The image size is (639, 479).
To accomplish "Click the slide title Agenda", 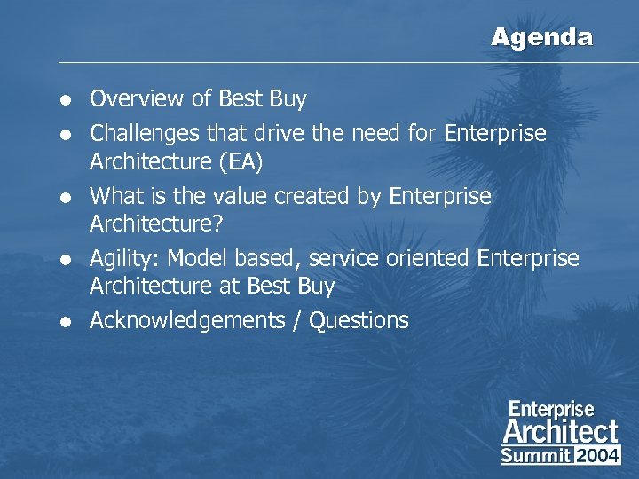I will pos(541,37).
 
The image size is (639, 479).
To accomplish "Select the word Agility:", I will pos(125,259).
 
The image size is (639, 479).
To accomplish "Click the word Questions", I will pos(359,320).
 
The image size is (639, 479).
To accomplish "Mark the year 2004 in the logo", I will pos(597,456).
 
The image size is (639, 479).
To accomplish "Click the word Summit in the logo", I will pos(535,456).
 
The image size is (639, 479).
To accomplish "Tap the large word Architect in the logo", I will pos(560,432).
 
